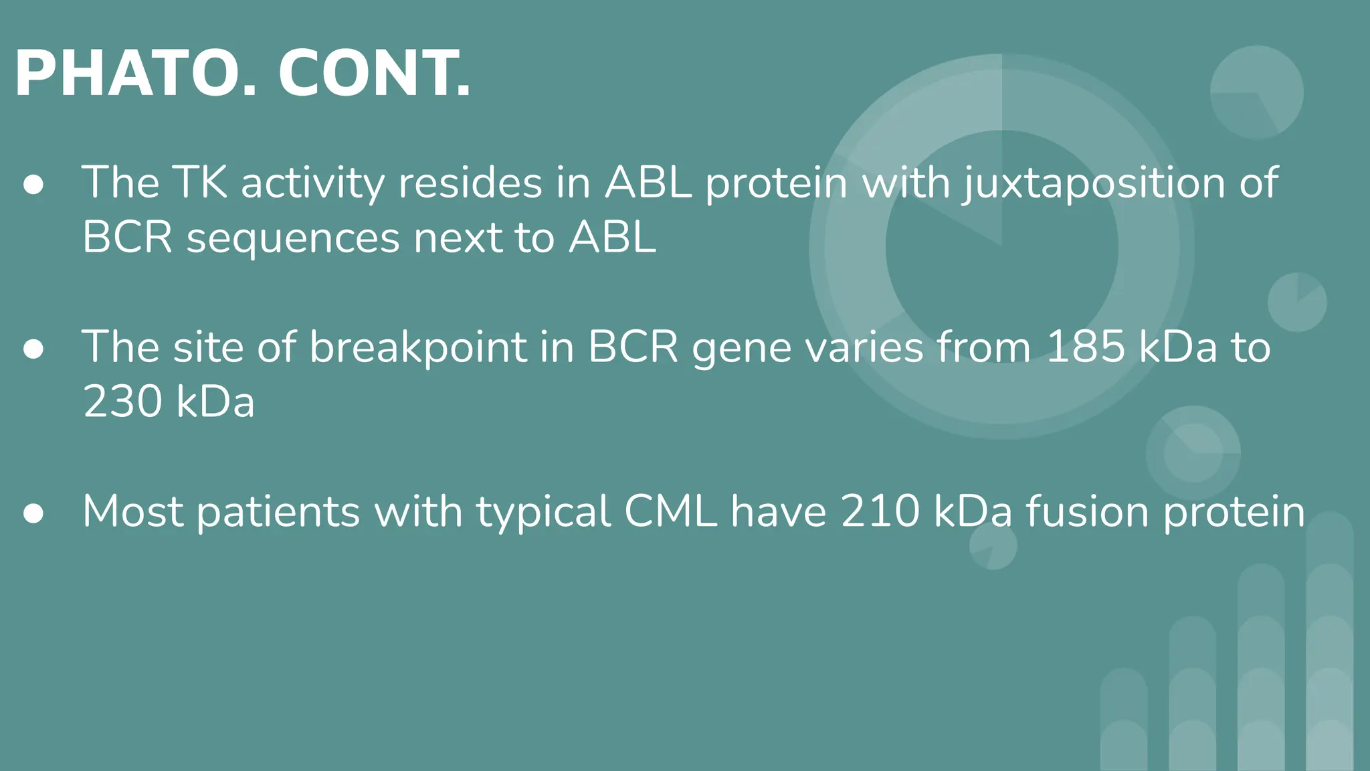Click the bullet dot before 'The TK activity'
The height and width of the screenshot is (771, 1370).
pyautogui.click(x=33, y=185)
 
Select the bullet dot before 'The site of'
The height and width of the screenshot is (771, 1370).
pyautogui.click(x=33, y=349)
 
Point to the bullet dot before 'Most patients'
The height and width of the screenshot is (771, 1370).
pyautogui.click(x=33, y=514)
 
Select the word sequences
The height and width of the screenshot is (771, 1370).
pyautogui.click(x=292, y=239)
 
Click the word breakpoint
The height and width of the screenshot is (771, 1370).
pyautogui.click(x=419, y=348)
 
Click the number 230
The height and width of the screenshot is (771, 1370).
pyautogui.click(x=122, y=402)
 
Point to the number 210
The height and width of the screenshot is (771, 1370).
pyautogui.click(x=880, y=512)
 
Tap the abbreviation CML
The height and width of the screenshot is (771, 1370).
pyautogui.click(x=670, y=512)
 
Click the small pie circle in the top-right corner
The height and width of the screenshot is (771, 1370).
pyautogui.click(x=1256, y=92)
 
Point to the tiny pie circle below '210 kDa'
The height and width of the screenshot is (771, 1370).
pyautogui.click(x=993, y=546)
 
